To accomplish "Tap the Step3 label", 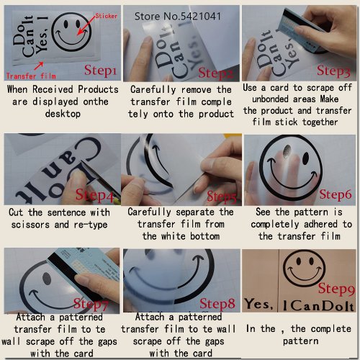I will coord(333,71).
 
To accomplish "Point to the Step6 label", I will coord(334,194).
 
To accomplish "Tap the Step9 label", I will coord(333,289).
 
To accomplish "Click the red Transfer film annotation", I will coord(27,75).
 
